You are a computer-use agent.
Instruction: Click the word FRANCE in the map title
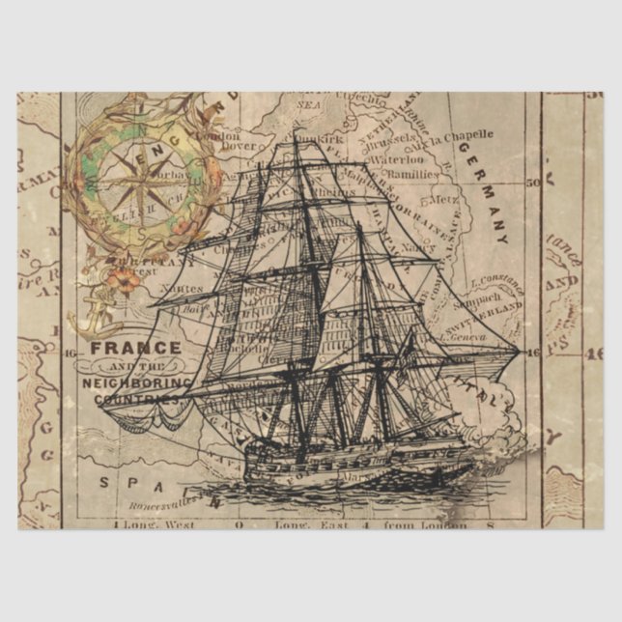pos(135,348)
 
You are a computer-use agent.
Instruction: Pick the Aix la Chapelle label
pos(449,137)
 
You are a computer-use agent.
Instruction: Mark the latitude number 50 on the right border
pos(531,181)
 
